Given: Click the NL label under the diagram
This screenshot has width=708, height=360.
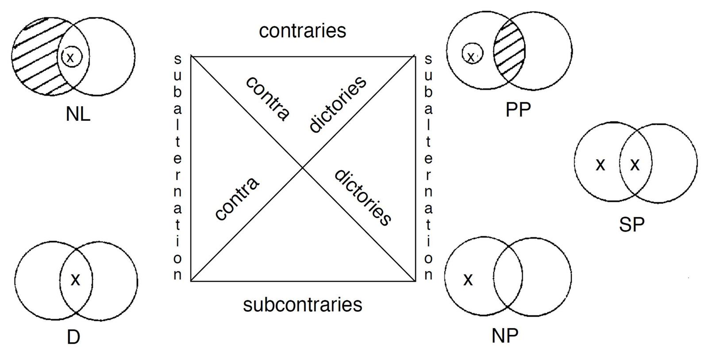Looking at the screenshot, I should [x=78, y=114].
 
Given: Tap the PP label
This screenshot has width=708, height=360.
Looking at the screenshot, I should [x=518, y=110].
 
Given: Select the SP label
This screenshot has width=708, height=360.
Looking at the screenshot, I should [x=631, y=225].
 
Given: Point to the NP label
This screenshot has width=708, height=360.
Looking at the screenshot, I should [x=504, y=336].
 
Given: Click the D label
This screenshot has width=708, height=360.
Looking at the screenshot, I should [x=73, y=337].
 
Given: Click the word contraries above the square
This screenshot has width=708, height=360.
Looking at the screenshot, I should [x=303, y=31].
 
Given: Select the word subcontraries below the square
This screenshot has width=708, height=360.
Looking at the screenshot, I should [x=303, y=305].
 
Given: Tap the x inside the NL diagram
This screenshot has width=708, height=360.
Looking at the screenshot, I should [x=70, y=57].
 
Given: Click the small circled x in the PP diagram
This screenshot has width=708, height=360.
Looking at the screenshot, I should [x=472, y=56].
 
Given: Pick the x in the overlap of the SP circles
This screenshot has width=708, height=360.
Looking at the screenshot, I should [x=635, y=165].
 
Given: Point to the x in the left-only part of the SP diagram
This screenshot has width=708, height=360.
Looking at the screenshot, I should [x=600, y=165].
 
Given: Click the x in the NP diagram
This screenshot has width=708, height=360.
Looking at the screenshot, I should [x=468, y=279].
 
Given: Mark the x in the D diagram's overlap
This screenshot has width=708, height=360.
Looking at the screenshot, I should [x=76, y=279].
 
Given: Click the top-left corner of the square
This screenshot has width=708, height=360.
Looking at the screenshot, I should [x=191, y=56].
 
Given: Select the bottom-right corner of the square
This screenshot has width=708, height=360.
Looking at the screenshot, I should [x=415, y=281].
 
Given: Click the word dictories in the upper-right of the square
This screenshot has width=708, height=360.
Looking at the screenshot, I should [x=338, y=104].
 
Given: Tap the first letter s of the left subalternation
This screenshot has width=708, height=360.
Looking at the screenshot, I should [x=177, y=59].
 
